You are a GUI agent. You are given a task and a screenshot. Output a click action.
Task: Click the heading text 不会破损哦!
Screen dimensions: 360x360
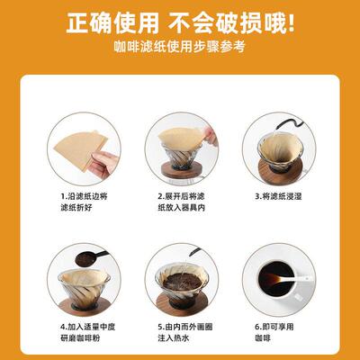pos(239,20)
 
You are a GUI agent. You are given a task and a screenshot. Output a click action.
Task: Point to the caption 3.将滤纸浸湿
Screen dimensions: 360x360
pos(274,194)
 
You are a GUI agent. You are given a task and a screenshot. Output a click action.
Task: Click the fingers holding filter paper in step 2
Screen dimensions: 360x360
pos(209,135)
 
